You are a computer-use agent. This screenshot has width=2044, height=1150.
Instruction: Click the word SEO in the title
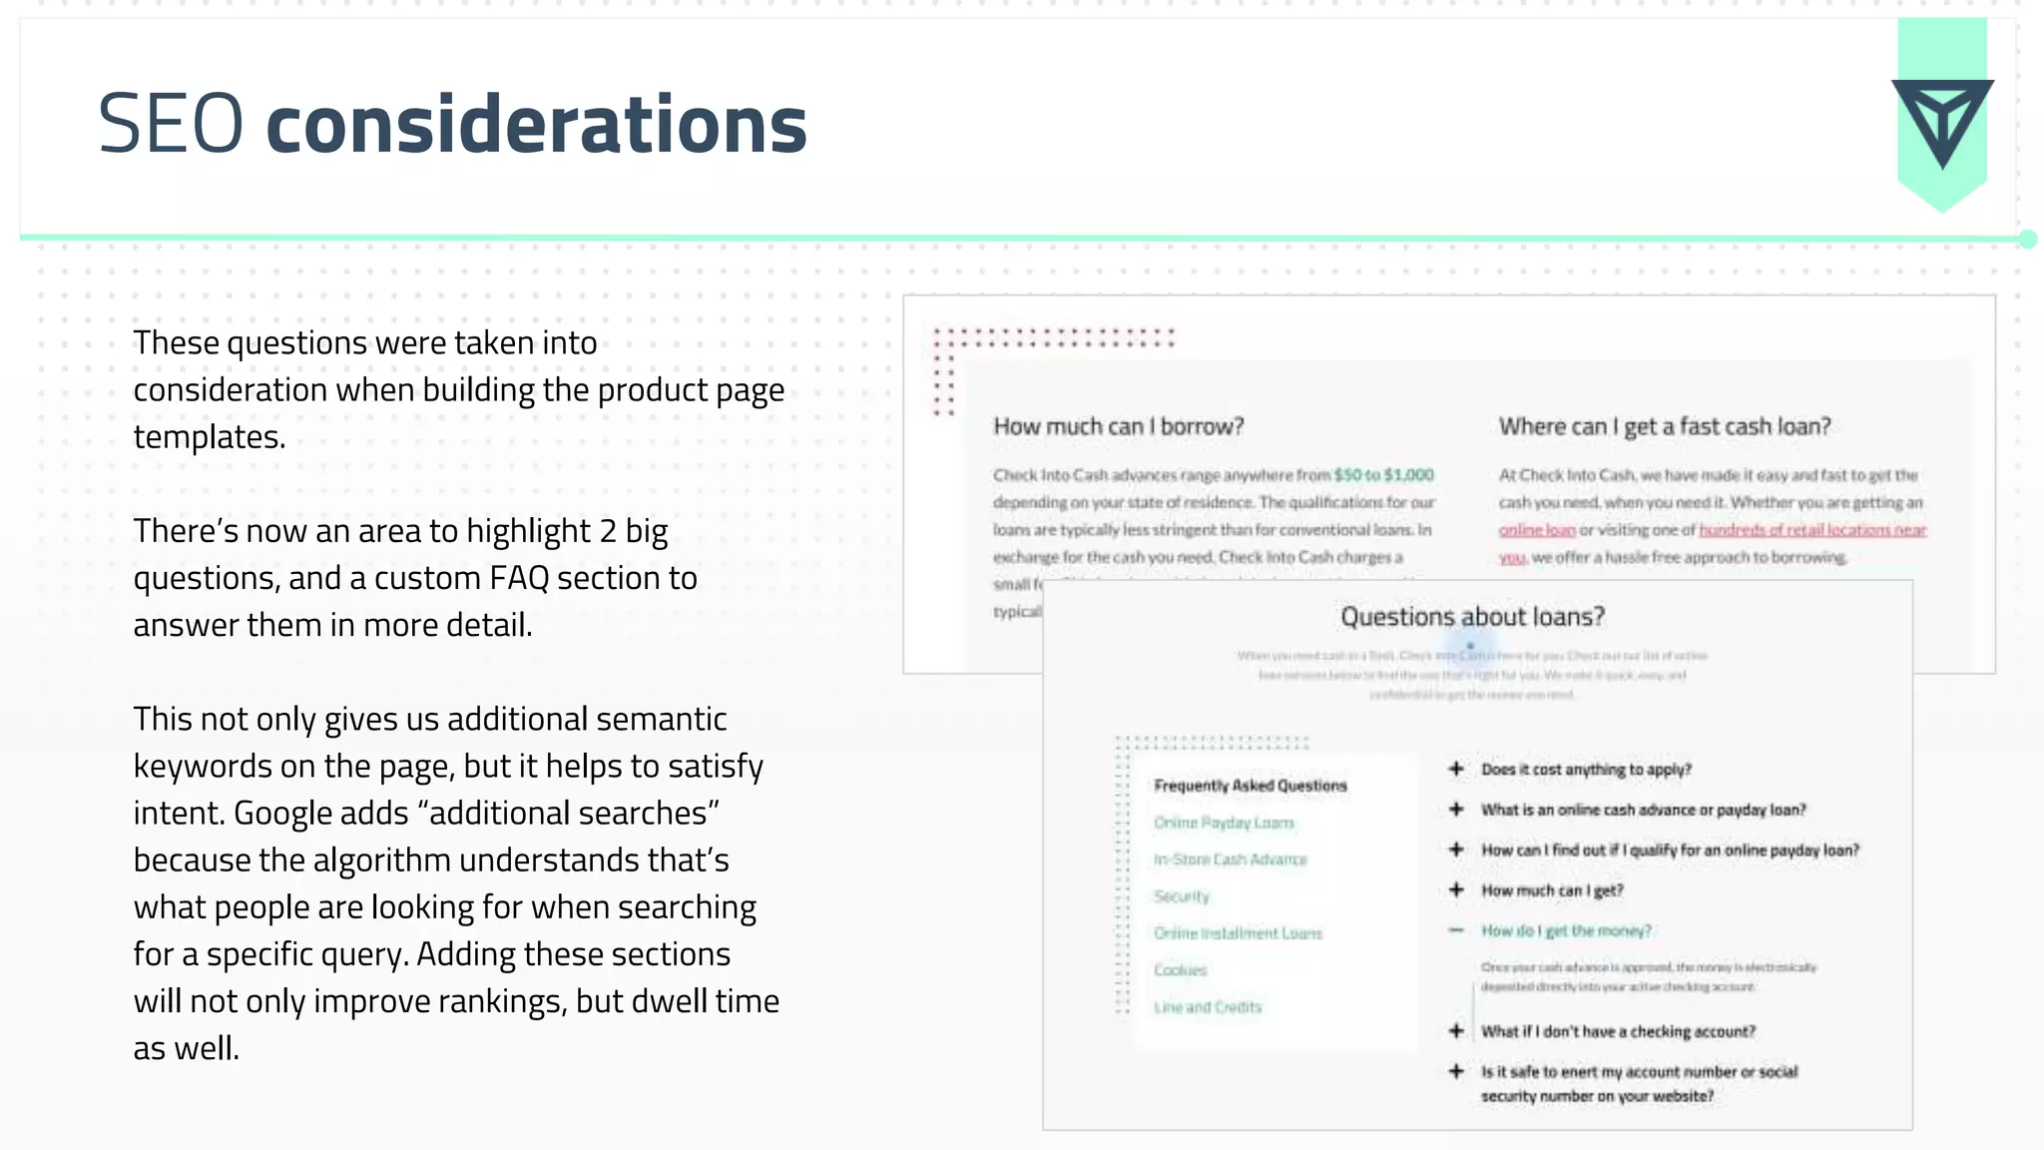pos(171,124)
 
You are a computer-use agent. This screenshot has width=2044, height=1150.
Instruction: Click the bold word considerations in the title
pos(536,124)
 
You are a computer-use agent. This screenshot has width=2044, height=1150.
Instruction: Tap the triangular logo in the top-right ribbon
pos(1941,121)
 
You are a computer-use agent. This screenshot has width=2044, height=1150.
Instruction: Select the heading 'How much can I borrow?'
pos(1118,426)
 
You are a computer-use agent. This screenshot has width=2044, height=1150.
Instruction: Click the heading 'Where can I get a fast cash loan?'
pos(1664,426)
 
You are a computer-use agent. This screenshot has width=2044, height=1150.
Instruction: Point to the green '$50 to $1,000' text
pos(1383,475)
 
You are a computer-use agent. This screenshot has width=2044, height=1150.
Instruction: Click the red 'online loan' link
pos(1536,530)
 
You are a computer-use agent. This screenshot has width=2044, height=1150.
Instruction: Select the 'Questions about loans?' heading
pos(1472,617)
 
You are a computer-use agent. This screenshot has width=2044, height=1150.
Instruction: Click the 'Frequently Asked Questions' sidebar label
pos(1250,786)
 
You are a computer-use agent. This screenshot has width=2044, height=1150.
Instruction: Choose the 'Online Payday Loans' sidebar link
pos(1224,823)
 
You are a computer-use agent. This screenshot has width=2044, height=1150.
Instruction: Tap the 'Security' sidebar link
pos(1181,896)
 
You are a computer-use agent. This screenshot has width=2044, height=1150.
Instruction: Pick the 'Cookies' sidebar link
pos(1180,970)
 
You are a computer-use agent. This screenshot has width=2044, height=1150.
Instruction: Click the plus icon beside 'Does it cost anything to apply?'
pos(1456,769)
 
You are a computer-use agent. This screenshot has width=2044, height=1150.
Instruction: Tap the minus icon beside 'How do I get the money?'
pos(1456,930)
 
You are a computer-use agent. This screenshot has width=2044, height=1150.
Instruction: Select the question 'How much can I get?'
pos(1551,890)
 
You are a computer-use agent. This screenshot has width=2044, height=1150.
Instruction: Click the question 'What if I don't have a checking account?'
pos(1617,1031)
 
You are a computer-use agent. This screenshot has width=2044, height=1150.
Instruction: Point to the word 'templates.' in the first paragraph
pos(210,437)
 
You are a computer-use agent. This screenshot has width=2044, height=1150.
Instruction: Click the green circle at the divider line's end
pos(2027,239)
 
